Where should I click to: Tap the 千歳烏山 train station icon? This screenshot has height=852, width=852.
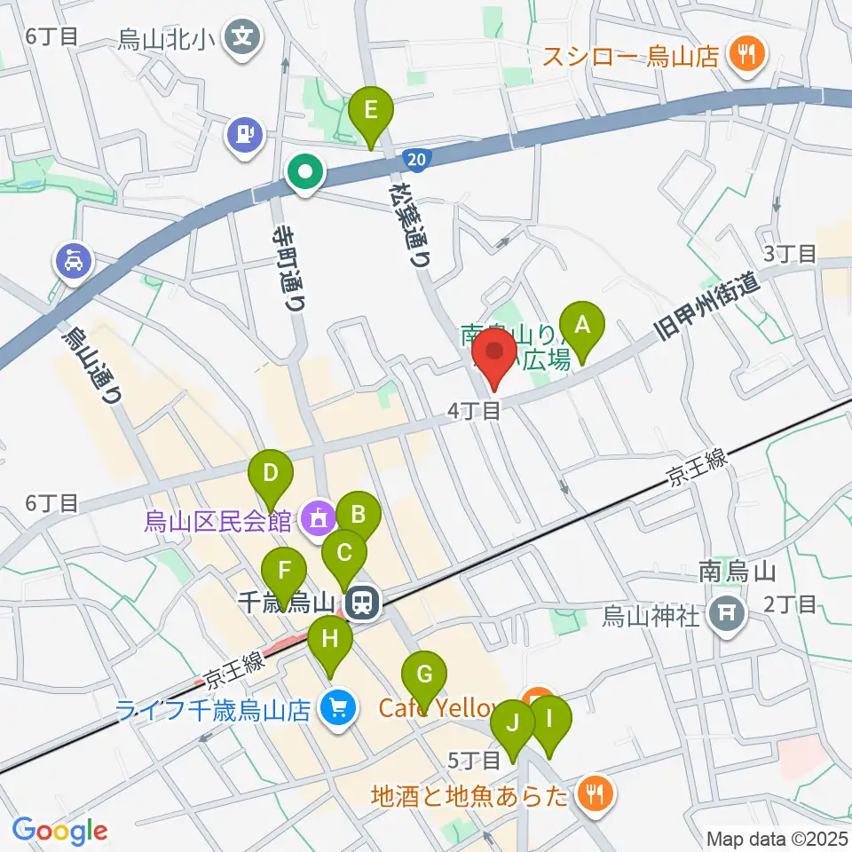361,603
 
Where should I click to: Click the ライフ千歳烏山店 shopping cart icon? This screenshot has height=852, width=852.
337,709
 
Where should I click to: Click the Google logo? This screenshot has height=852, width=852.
60,830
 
